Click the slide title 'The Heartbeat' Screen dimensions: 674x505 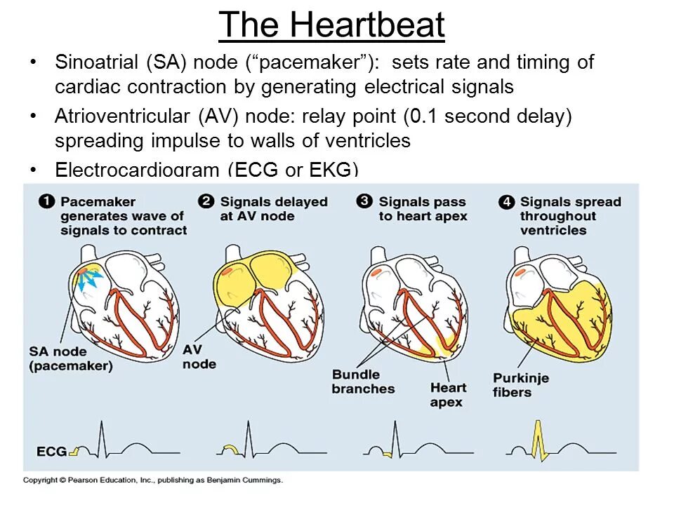tap(331, 26)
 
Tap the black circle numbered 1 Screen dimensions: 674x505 tap(46, 202)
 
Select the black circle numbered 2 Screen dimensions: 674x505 tap(206, 202)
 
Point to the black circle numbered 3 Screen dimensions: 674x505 tap(364, 202)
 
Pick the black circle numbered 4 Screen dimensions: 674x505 tap(506, 202)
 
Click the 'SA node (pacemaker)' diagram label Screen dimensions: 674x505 tap(70, 358)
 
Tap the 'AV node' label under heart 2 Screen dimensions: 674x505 tap(199, 356)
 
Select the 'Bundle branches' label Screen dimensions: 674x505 tap(363, 381)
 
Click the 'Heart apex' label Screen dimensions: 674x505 tap(448, 394)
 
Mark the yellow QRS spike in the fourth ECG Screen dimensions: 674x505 tap(538, 440)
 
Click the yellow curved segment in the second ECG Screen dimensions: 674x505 tap(230, 450)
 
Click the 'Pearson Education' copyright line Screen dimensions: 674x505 tap(152, 480)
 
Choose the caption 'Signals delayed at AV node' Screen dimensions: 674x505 tap(274, 209)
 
